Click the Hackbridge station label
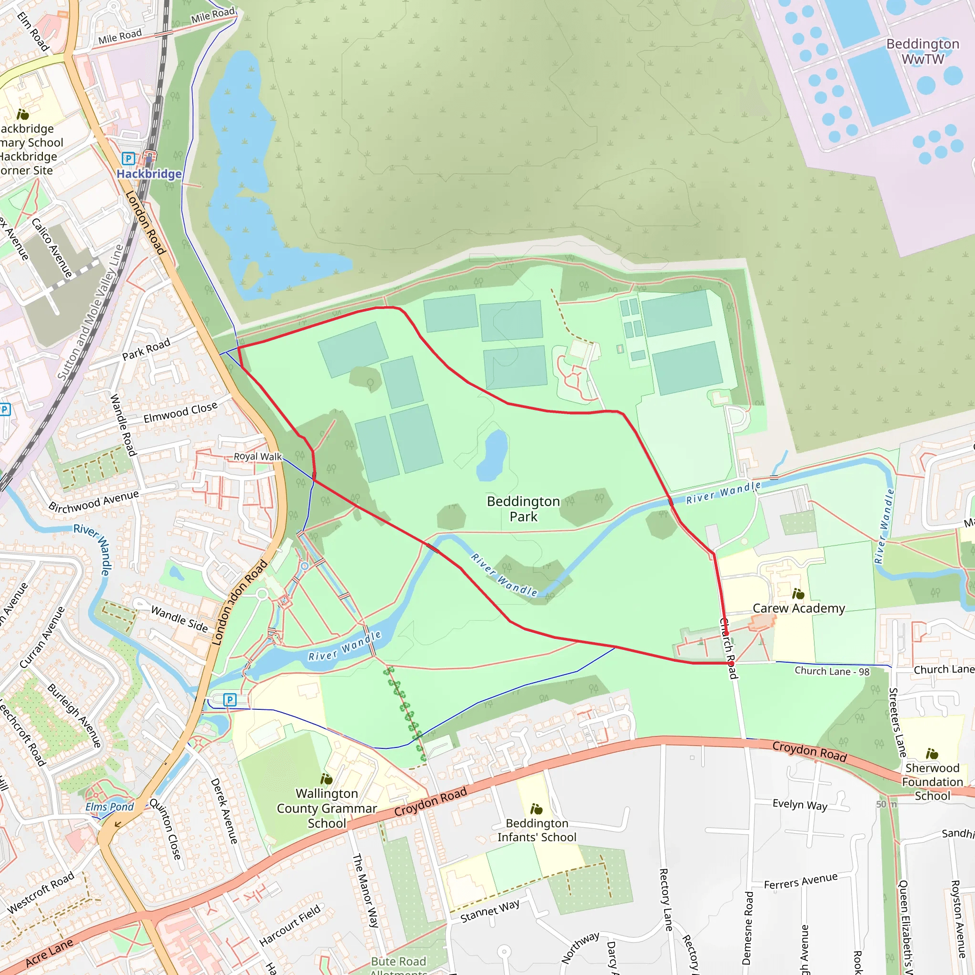pos(149,174)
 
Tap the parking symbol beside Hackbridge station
pos(129,159)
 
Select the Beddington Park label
pos(523,509)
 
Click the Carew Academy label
pos(798,608)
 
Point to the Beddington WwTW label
pos(923,51)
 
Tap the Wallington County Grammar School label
pos(327,808)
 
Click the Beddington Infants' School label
pos(537,830)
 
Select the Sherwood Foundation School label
pos(932,782)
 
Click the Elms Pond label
pos(109,807)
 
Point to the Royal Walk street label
pos(258,456)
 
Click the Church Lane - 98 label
pos(832,671)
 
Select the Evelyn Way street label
pos(799,805)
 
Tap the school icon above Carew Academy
pos(798,594)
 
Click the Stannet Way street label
pos(489,911)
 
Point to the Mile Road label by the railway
pos(119,36)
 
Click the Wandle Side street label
pos(179,620)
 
